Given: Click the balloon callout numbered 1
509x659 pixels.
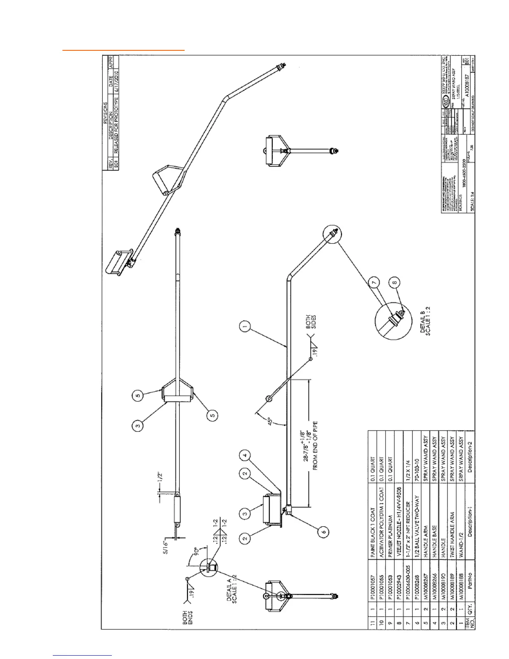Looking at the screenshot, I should pyautogui.click(x=245, y=327).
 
